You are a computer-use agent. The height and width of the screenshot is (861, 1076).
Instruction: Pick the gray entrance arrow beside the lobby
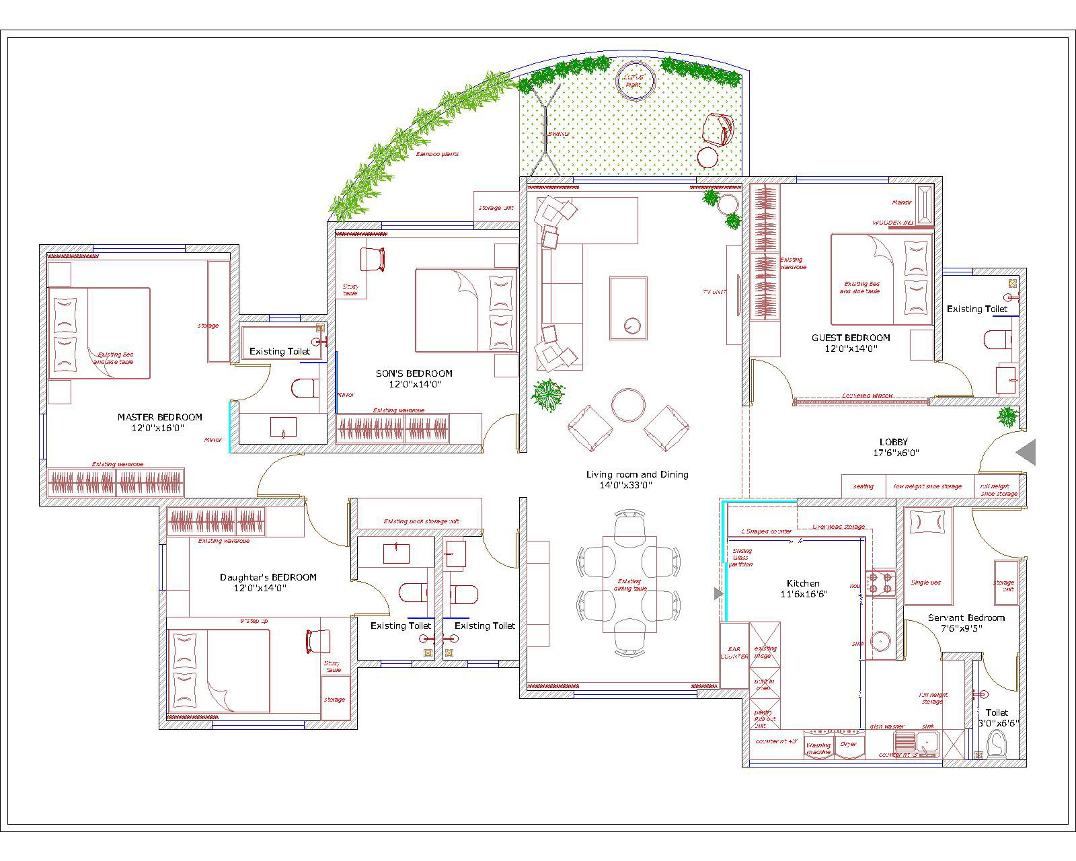1026,452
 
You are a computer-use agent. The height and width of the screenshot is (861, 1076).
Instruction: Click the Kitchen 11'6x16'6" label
804,589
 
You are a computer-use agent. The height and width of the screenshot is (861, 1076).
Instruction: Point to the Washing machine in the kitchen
818,747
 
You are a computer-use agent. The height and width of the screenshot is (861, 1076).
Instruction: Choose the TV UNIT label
714,292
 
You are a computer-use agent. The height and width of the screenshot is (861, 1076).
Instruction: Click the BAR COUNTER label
734,652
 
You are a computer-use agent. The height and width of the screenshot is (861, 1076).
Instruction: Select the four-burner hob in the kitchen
880,583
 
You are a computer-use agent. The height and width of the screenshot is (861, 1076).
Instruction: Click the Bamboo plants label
437,155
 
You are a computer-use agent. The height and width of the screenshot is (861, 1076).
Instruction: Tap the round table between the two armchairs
628,404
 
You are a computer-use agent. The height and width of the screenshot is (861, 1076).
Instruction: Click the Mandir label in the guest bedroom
901,202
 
